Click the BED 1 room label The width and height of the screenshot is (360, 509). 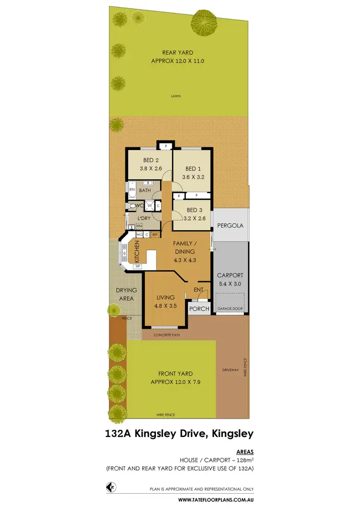coord(191,168)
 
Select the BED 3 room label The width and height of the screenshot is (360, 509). coord(194,210)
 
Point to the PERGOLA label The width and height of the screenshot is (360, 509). coord(230,225)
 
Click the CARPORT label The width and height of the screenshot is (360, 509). coord(230,275)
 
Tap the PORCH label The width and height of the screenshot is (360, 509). coord(200,308)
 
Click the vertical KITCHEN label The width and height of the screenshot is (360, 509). coord(137,250)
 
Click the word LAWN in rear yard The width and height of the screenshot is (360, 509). coord(176,96)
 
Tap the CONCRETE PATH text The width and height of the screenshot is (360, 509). coord(167,335)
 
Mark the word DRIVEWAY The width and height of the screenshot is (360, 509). coord(230,370)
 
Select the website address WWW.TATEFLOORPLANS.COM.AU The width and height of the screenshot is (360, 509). coord(216,500)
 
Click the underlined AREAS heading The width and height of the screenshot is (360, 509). coord(245,451)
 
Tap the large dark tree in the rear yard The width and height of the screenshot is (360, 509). coord(204,20)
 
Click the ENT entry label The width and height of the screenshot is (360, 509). coord(198,289)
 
